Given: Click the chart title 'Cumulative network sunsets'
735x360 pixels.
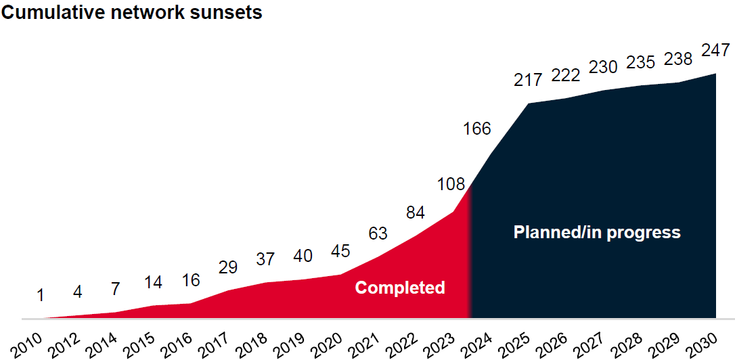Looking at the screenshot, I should (132, 12).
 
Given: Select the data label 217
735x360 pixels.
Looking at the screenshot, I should (528, 79).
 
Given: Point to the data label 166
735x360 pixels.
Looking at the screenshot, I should (476, 128).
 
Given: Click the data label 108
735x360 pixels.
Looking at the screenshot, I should (451, 184).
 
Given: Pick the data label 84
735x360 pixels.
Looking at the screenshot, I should (415, 212).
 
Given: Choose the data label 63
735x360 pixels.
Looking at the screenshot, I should (378, 234).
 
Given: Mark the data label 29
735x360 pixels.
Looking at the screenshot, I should (228, 267).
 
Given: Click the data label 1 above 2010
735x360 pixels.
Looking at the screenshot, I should (41, 295).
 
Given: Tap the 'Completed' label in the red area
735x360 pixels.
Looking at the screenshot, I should (400, 288).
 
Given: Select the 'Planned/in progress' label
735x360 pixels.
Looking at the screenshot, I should (597, 233).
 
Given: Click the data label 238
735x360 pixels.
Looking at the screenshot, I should (677, 59).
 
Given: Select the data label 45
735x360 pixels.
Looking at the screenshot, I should (340, 251).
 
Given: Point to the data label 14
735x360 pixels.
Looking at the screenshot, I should (153, 282).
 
